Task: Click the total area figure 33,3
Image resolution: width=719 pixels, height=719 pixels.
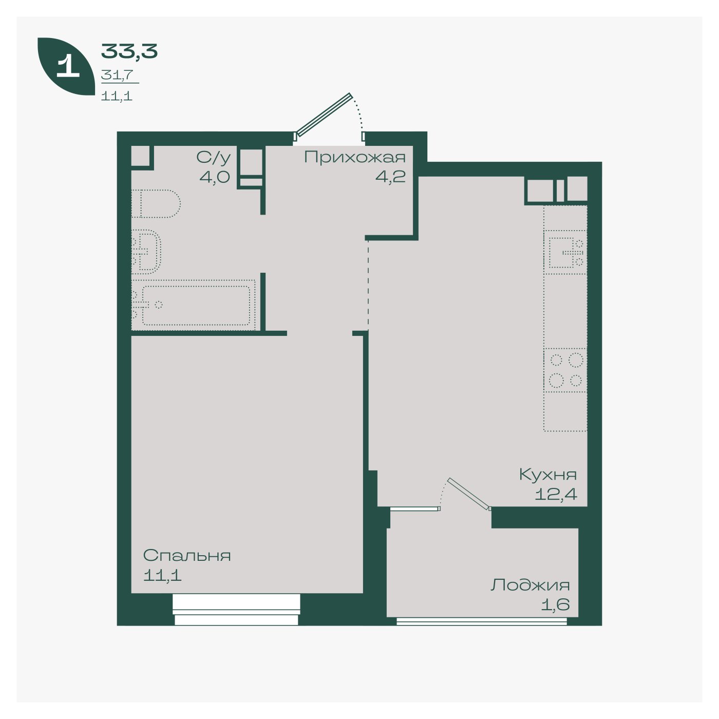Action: pyautogui.click(x=129, y=51)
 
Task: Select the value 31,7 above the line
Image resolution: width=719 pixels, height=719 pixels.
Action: pyautogui.click(x=117, y=75)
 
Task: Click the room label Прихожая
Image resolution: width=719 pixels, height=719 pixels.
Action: pyautogui.click(x=354, y=158)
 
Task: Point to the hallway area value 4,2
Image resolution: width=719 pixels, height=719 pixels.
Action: pyautogui.click(x=390, y=176)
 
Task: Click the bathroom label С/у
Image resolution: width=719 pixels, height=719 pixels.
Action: pyautogui.click(x=214, y=158)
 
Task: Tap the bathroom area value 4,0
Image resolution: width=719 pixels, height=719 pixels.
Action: pyautogui.click(x=215, y=176)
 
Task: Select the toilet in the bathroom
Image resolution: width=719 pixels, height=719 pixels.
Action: pyautogui.click(x=156, y=204)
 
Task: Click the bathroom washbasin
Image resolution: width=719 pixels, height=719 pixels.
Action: pyautogui.click(x=146, y=252)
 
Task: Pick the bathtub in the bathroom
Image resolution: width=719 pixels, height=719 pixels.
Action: pyautogui.click(x=193, y=305)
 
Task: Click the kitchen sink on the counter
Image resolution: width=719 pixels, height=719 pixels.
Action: pyautogui.click(x=565, y=252)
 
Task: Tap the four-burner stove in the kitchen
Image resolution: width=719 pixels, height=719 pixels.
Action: pyautogui.click(x=565, y=370)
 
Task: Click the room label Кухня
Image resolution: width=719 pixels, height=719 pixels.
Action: pyautogui.click(x=548, y=475)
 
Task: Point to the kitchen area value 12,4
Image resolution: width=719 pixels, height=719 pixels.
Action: pyautogui.click(x=556, y=495)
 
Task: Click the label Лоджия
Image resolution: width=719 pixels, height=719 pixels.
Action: pyautogui.click(x=530, y=585)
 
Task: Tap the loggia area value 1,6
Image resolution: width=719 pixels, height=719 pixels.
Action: pyautogui.click(x=556, y=604)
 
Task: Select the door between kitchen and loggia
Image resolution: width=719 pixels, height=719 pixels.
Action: pyautogui.click(x=469, y=494)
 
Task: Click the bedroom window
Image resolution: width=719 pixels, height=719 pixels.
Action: pyautogui.click(x=237, y=609)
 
